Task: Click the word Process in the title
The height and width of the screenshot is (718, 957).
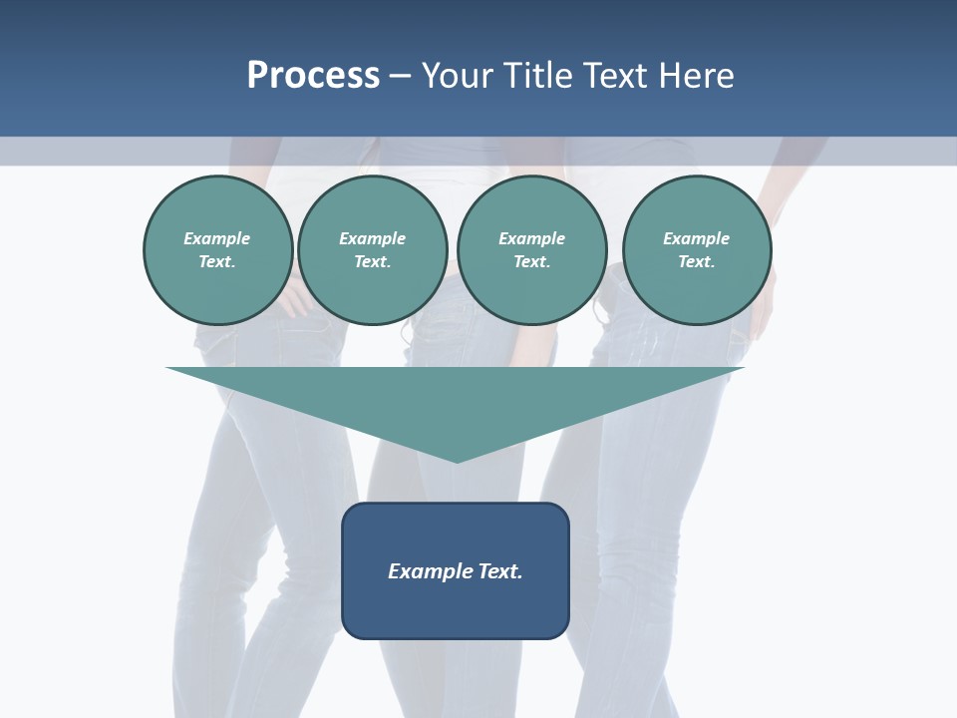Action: pos(313,76)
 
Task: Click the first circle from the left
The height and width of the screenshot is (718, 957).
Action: pos(217,250)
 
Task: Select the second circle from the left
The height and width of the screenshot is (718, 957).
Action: pos(372,250)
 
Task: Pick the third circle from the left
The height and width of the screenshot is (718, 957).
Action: pos(531,250)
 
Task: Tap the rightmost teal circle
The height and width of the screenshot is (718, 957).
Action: pos(696,250)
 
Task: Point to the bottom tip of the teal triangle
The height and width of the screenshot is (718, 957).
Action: pos(457,461)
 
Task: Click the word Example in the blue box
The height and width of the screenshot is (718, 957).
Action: pos(430,571)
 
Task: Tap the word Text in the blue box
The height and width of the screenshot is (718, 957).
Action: pos(499,571)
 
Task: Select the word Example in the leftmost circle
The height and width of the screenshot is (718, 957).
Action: pos(217,238)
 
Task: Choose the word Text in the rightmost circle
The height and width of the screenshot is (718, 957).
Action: pos(696,262)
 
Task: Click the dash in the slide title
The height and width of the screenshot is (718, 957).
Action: pos(401,76)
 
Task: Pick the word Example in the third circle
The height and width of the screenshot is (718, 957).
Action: pos(531,238)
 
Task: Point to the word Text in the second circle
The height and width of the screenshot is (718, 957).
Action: pos(372,262)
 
